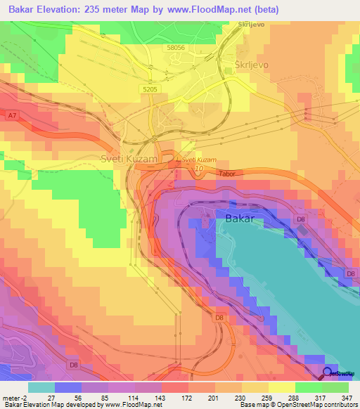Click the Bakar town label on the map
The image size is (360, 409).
[243, 219]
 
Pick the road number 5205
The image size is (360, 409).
[150, 90]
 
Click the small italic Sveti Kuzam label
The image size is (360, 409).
[199, 160]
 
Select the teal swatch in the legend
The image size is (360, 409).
[41, 387]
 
